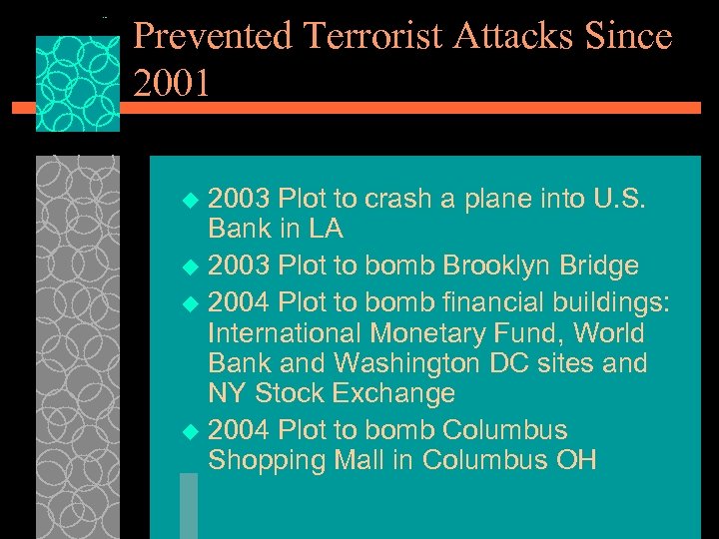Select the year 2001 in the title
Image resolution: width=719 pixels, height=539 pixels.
click(171, 84)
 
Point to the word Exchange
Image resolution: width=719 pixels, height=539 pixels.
click(395, 393)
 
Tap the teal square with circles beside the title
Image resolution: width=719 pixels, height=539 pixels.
click(77, 84)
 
